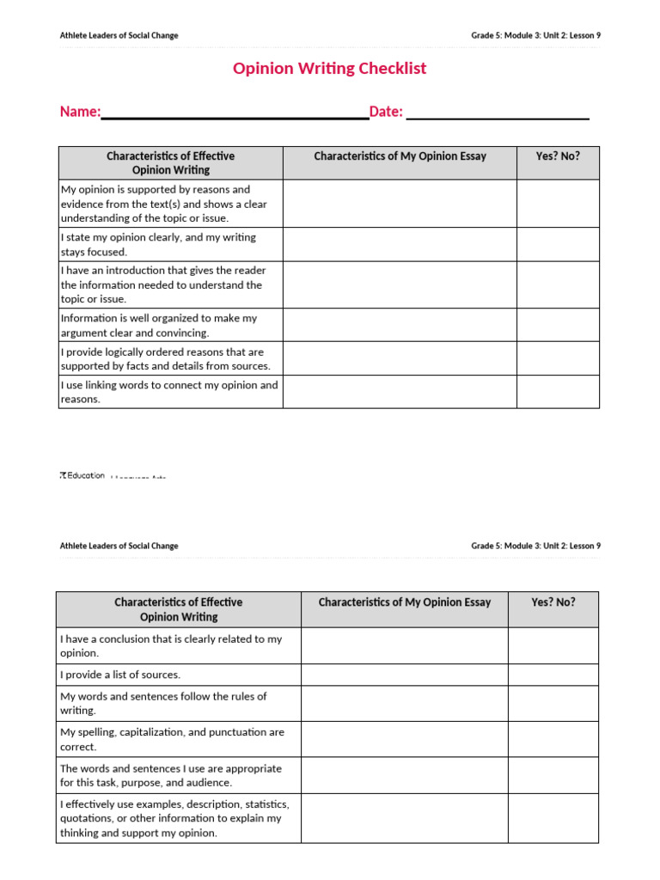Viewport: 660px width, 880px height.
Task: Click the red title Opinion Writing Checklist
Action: click(329, 69)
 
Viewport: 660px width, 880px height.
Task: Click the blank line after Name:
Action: click(235, 113)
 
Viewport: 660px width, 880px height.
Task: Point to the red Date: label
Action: click(386, 112)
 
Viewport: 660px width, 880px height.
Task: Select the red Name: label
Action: click(80, 112)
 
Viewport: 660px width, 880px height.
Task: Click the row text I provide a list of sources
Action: click(120, 675)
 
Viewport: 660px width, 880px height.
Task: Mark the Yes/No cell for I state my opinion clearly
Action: click(558, 245)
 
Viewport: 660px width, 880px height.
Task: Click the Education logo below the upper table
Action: click(82, 475)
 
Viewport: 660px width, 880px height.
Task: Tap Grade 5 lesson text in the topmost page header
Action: click(535, 35)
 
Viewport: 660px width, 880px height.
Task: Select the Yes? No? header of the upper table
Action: click(558, 156)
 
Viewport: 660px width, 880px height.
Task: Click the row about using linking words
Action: click(169, 392)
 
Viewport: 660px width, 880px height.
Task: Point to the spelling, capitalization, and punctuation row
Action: click(172, 739)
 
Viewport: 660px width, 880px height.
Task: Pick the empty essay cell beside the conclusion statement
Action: click(404, 645)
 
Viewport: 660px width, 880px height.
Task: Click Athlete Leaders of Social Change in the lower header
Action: click(119, 546)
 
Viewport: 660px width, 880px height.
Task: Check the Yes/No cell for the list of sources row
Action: click(553, 675)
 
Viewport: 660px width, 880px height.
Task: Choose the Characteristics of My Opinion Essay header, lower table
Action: click(404, 602)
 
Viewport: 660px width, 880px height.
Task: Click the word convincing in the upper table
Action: click(178, 333)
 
